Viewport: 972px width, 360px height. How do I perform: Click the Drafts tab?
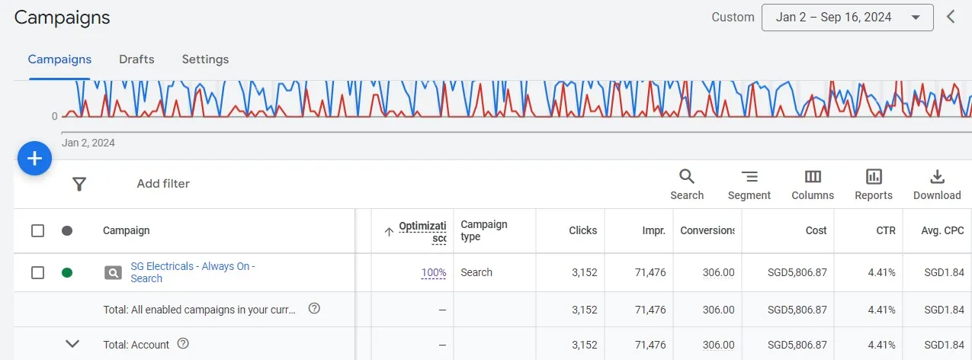click(136, 59)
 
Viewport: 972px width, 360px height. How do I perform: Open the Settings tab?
click(205, 59)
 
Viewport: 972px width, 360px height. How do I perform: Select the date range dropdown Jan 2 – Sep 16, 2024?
click(847, 18)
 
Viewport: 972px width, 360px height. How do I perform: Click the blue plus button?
click(34, 159)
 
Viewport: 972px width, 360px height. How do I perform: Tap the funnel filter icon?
click(79, 184)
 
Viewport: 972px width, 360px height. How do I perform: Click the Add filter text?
click(163, 184)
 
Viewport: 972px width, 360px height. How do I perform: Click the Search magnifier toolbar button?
click(687, 185)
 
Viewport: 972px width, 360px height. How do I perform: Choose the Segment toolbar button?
click(749, 185)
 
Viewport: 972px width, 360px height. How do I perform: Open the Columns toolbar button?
click(813, 185)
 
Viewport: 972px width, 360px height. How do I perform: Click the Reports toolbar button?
click(874, 185)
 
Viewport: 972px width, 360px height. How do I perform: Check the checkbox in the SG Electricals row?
click(37, 272)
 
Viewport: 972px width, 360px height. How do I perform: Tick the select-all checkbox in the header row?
click(37, 230)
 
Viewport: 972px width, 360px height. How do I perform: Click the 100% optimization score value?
click(434, 272)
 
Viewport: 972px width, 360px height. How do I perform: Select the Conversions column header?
click(707, 230)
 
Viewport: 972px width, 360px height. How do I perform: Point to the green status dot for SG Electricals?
click(67, 272)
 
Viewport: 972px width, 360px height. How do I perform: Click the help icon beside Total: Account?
click(183, 344)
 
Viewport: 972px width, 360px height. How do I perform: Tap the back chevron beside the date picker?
click(951, 17)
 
